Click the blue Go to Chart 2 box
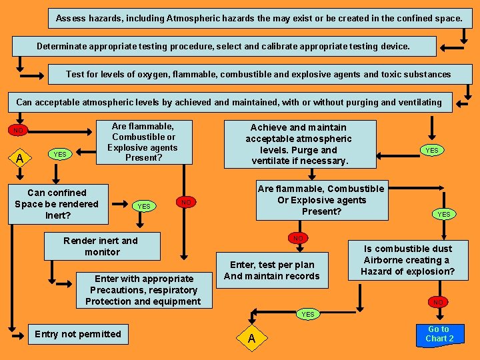pyautogui.click(x=439, y=334)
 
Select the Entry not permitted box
pyautogui.click(x=78, y=334)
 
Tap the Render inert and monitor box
pyautogui.click(x=102, y=246)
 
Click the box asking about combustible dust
pyautogui.click(x=407, y=260)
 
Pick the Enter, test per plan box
pyautogui.click(x=272, y=270)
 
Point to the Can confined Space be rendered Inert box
pyautogui.click(x=57, y=204)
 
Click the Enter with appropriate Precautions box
pyautogui.click(x=143, y=290)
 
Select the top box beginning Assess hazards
pyautogui.click(x=259, y=18)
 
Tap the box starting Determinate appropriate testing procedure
pyautogui.click(x=224, y=46)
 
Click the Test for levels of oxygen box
pyautogui.click(x=259, y=74)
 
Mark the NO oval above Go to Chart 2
pyautogui.click(x=438, y=302)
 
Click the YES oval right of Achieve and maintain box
pyautogui.click(x=432, y=150)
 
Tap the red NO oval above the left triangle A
pyautogui.click(x=19, y=130)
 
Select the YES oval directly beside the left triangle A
pyautogui.click(x=60, y=155)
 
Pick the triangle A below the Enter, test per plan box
pyautogui.click(x=251, y=339)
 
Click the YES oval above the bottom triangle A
pyautogui.click(x=307, y=313)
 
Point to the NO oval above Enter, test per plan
pyautogui.click(x=298, y=237)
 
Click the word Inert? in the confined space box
pyautogui.click(x=57, y=215)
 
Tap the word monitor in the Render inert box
pyautogui.click(x=102, y=252)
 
